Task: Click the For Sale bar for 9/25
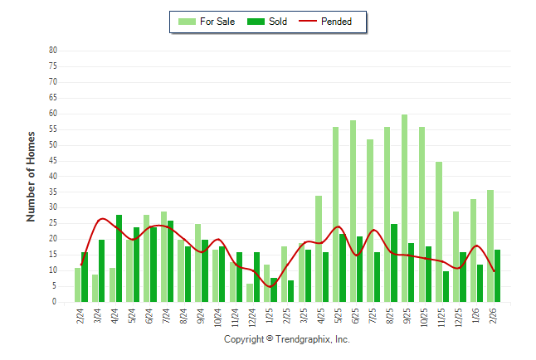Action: (404, 208)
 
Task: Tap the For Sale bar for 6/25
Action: (353, 212)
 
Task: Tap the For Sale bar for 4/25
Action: (319, 249)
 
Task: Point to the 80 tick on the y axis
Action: (53, 51)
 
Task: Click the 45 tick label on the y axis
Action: (53, 161)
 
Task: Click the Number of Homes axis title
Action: (32, 176)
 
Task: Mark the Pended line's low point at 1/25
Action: (270, 287)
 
